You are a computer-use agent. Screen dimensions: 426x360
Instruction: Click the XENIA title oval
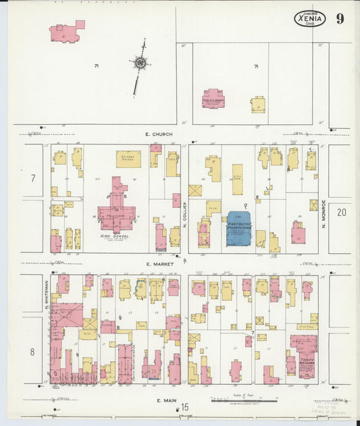[x=309, y=19]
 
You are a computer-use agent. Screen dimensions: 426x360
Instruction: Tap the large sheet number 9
[x=340, y=18]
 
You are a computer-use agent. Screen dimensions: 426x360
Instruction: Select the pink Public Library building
[x=213, y=99]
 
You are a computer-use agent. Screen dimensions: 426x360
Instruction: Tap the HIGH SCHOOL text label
[x=115, y=236]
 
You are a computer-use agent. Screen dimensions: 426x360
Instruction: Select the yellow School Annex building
[x=128, y=159]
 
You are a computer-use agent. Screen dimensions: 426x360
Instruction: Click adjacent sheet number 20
[x=341, y=212]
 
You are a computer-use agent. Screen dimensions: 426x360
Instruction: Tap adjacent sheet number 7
[x=32, y=179]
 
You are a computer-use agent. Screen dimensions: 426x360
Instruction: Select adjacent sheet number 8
[x=32, y=351]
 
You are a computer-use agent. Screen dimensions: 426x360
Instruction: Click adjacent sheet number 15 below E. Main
[x=184, y=406]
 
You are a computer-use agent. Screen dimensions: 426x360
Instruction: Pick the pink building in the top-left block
[x=66, y=32]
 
